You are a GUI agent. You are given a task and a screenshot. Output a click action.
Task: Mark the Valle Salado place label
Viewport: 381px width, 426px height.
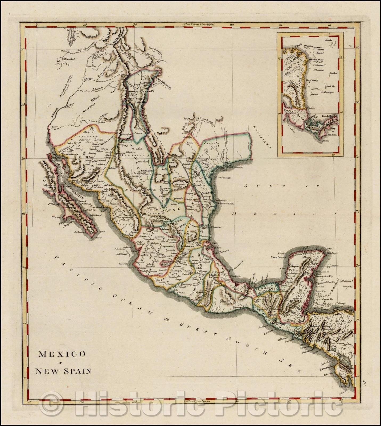pos(70,60)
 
